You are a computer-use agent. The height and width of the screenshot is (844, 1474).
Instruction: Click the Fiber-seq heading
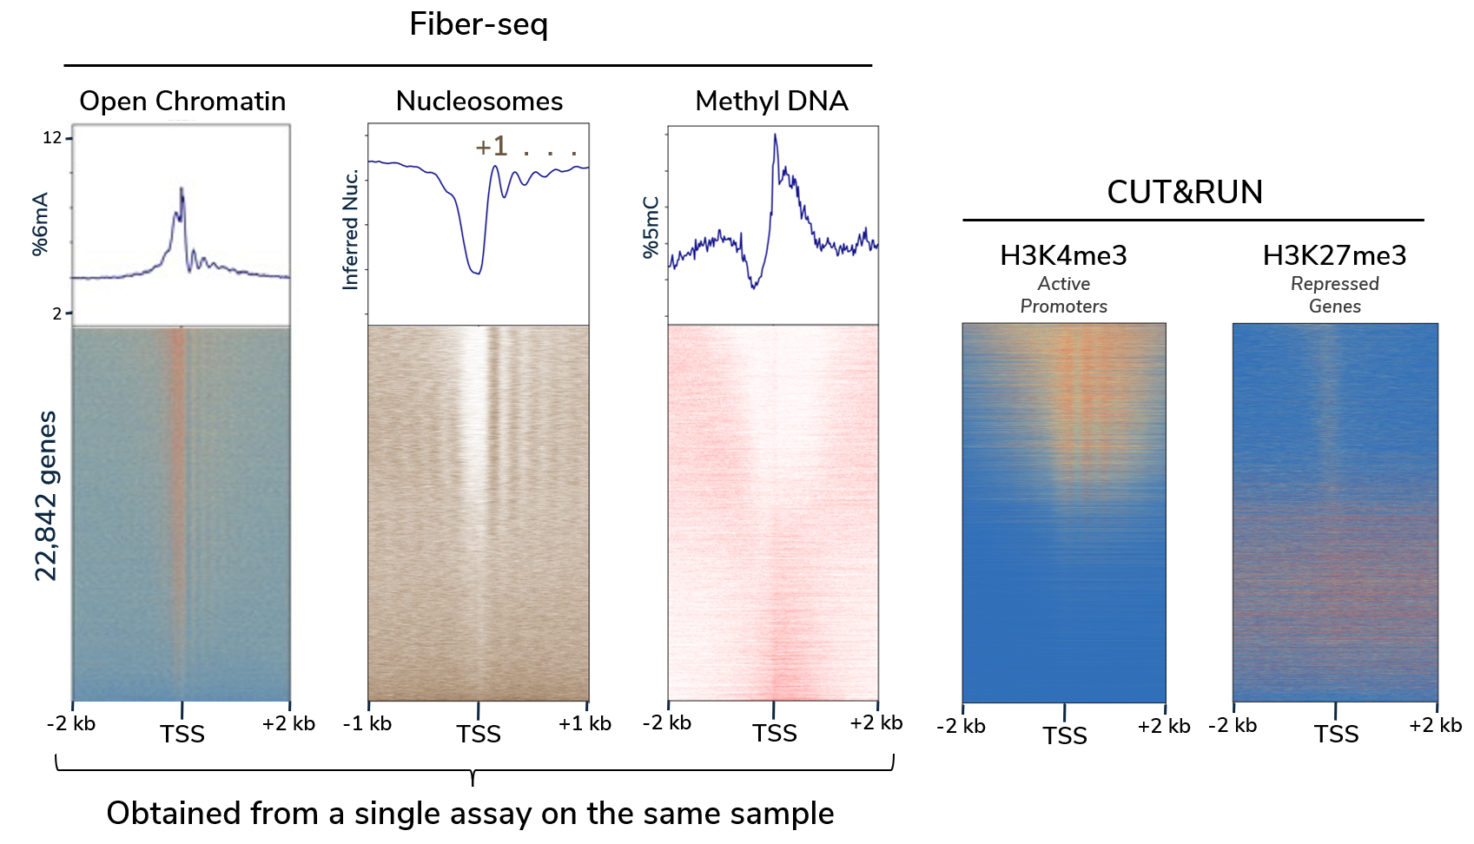[479, 24]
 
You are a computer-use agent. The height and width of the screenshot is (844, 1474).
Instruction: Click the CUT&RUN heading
[1185, 192]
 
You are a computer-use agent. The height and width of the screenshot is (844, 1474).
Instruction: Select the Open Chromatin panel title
[182, 101]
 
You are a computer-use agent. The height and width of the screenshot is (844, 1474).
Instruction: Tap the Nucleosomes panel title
[479, 101]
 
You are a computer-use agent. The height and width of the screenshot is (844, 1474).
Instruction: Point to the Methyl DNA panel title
[771, 101]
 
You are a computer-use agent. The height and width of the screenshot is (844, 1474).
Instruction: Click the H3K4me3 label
[1063, 255]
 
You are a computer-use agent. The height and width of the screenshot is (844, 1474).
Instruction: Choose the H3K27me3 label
[1334, 255]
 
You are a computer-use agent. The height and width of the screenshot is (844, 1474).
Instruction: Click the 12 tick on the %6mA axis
[52, 137]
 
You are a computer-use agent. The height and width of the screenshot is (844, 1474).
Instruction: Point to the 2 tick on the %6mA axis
[56, 313]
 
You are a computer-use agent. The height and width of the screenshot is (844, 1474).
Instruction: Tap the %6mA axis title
[40, 225]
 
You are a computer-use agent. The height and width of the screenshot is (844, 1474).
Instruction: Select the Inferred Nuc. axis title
[351, 229]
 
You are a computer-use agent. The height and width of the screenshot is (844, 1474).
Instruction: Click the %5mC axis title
[651, 227]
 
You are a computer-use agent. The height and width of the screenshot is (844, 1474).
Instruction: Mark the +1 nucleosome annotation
[491, 146]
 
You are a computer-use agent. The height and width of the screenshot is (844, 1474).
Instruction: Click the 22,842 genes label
[46, 496]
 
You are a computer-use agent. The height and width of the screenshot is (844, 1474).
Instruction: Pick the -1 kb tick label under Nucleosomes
[367, 724]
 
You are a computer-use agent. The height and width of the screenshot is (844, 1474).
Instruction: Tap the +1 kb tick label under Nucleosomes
[585, 724]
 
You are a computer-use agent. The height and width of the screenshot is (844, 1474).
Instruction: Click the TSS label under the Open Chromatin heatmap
[182, 735]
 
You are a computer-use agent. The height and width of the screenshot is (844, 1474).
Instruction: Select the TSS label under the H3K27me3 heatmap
[1336, 735]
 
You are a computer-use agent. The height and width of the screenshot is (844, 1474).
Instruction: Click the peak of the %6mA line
[182, 188]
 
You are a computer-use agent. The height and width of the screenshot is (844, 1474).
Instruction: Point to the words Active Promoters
[1063, 294]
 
